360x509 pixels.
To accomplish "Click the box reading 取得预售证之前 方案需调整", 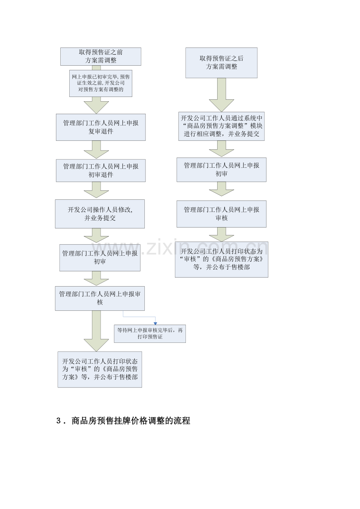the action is pos(101,56).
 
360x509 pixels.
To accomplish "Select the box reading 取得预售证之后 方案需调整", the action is pos(221,63).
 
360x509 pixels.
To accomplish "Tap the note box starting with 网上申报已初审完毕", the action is pos(101,83).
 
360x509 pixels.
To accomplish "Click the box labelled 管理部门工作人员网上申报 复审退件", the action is pos(101,127).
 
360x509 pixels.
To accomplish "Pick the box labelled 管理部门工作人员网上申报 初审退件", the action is pos(101,170).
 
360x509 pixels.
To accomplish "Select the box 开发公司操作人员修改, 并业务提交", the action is pos(100,214).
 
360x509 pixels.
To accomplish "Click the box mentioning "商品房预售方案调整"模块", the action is pos(221,126).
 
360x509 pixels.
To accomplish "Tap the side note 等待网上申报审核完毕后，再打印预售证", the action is pos(149,333).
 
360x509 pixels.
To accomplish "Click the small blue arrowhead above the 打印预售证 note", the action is pos(155,323).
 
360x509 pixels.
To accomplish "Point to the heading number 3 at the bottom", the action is pos(58,421).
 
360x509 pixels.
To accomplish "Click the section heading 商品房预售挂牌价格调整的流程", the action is pos(131,421).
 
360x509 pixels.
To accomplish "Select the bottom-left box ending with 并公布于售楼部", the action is pos(100,369).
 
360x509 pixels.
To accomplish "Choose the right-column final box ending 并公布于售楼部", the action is pos(221,259).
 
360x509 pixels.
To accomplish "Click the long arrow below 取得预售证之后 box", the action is pos(221,95).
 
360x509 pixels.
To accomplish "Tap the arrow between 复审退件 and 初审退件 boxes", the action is pos(96,149).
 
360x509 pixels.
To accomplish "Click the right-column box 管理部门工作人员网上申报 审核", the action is pos(221,214).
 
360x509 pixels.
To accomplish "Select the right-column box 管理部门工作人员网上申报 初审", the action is pos(221,170).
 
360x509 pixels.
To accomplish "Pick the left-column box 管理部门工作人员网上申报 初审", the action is pos(100,258).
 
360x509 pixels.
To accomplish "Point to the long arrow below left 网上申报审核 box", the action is pos(96,331).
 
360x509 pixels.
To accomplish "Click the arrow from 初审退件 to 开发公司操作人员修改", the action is pos(96,190).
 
